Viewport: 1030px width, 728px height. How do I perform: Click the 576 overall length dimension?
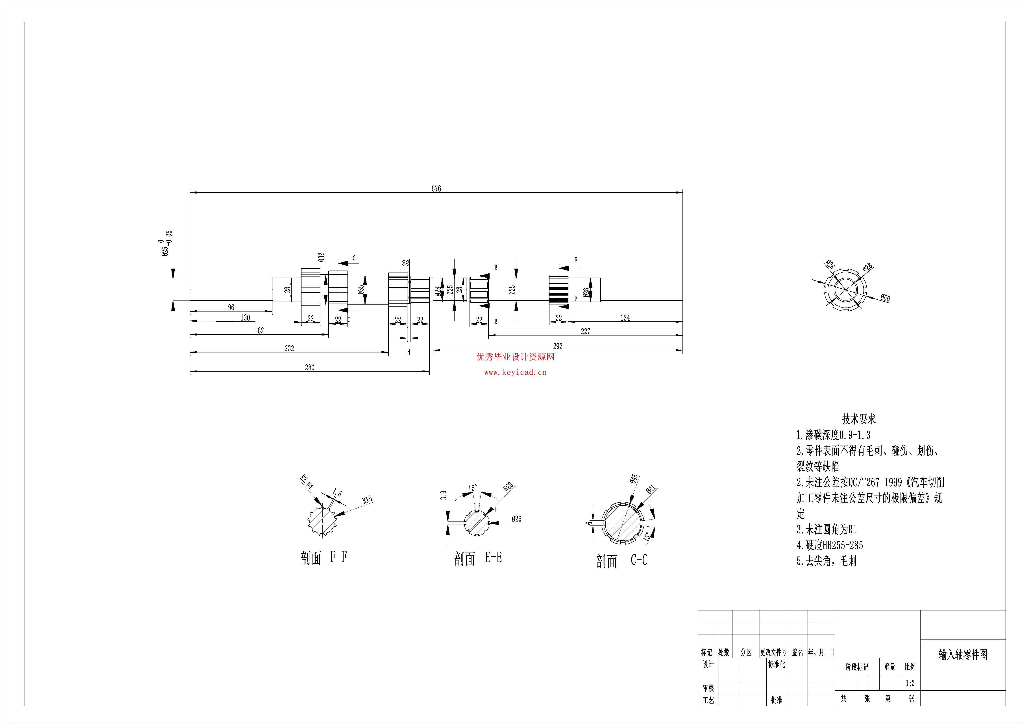tap(436, 189)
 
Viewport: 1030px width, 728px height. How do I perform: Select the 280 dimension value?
tap(310, 367)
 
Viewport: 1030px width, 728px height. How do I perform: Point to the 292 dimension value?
tap(558, 346)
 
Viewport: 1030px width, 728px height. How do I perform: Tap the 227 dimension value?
tap(585, 332)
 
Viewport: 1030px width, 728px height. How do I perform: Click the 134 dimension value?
tap(625, 318)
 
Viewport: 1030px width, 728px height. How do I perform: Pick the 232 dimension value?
tap(289, 348)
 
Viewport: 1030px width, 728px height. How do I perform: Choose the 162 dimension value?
tap(259, 331)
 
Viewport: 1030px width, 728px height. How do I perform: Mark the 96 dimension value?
tap(231, 307)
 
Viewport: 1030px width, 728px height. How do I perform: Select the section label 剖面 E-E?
tap(478, 558)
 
